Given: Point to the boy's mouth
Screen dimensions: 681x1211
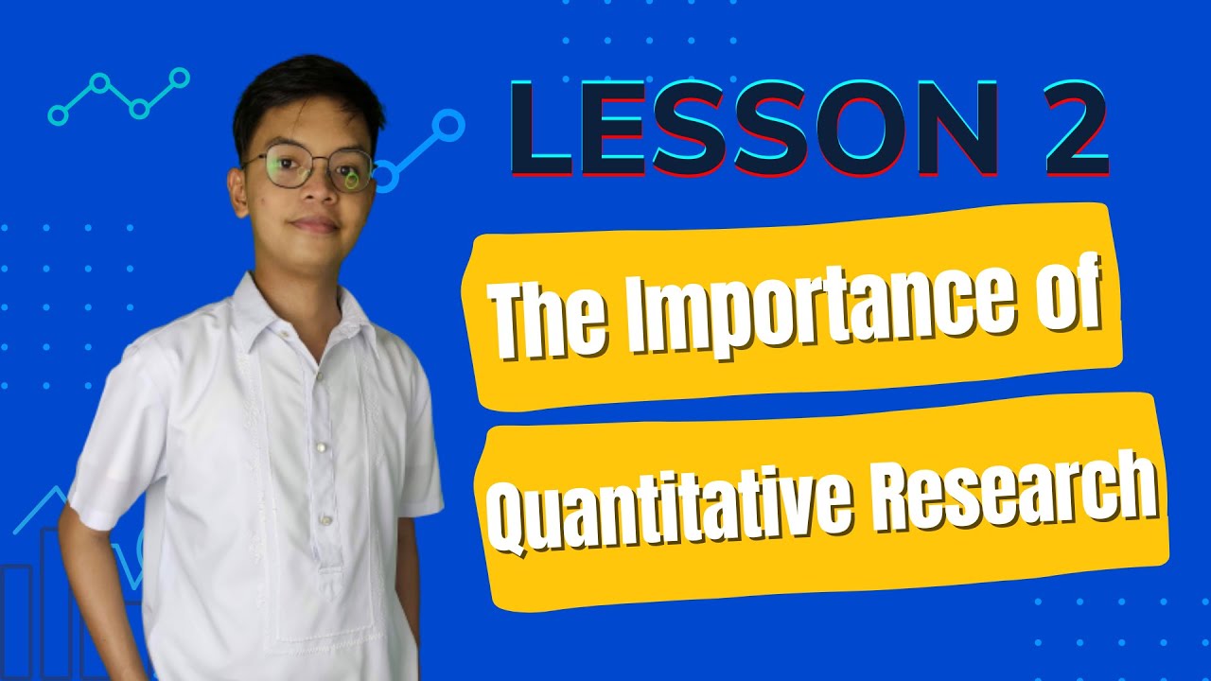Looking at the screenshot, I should [313, 225].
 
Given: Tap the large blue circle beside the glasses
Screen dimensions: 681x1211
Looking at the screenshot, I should [448, 124].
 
